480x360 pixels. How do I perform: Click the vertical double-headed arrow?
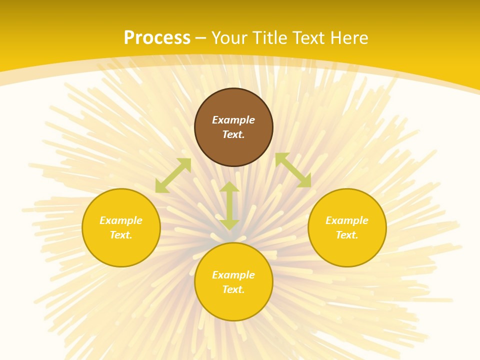click(229, 205)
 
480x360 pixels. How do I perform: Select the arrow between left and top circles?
click(173, 175)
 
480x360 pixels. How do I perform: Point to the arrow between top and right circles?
click(293, 170)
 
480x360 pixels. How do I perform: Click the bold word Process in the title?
click(157, 37)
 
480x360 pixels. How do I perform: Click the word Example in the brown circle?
click(233, 120)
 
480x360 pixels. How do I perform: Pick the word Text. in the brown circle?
click(233, 134)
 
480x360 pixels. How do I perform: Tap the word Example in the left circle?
click(121, 220)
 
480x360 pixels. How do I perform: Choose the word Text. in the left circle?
click(121, 235)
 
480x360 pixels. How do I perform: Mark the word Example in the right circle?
click(347, 220)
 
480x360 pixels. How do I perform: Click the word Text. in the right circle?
click(347, 235)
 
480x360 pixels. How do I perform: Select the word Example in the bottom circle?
click(233, 275)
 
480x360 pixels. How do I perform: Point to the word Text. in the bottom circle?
click(233, 289)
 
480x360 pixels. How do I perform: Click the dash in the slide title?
click(201, 38)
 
